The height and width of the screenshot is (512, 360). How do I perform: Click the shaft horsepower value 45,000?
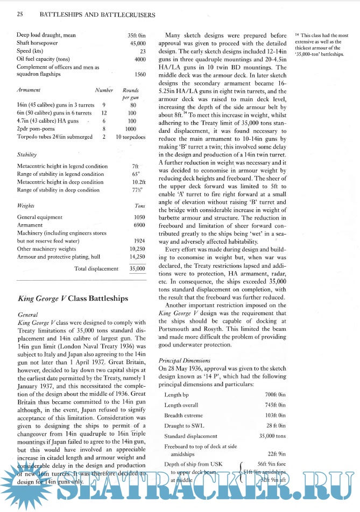tap(138, 43)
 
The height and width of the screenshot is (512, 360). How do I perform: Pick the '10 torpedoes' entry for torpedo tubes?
tap(130, 137)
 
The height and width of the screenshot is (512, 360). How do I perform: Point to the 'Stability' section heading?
tap(27, 154)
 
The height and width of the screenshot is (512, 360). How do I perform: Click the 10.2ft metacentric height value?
tap(138, 182)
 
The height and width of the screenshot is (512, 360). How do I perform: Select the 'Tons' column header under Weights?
tap(139, 206)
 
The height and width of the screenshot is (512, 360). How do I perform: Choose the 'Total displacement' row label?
tap(96, 268)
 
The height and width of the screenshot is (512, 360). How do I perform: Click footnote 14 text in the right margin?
tap(322, 45)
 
